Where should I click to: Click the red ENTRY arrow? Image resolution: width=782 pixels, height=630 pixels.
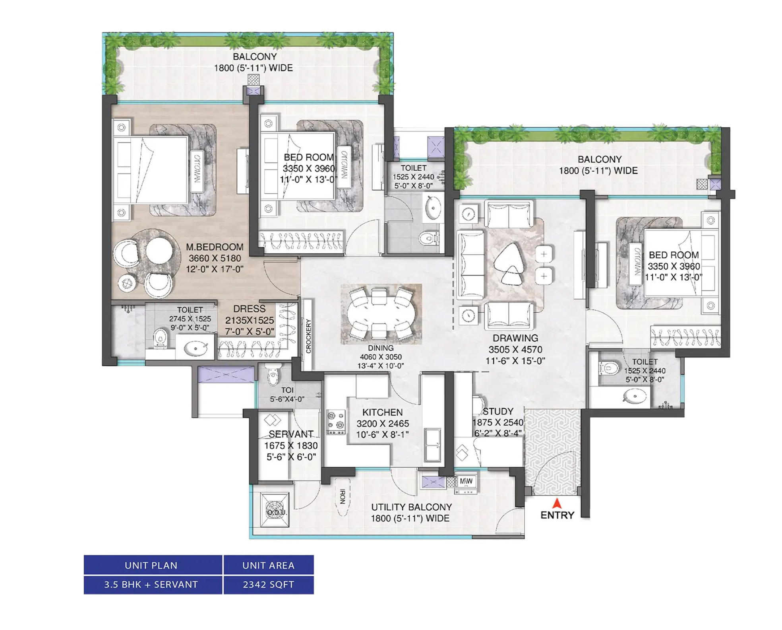pyautogui.click(x=557, y=504)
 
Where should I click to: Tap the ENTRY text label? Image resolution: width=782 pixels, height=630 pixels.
pyautogui.click(x=557, y=515)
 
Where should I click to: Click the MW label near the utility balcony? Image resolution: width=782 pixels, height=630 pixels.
pyautogui.click(x=466, y=481)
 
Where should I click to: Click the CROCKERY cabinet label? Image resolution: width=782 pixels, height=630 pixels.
pyautogui.click(x=308, y=336)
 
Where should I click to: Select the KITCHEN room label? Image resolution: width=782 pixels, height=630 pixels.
pyautogui.click(x=382, y=412)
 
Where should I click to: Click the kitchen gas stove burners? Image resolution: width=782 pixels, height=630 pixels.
pyautogui.click(x=336, y=422)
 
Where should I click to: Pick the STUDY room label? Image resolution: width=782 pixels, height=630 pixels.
pyautogui.click(x=498, y=411)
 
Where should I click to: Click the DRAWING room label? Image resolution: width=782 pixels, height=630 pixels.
pyautogui.click(x=515, y=338)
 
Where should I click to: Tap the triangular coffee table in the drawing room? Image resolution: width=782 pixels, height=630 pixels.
pyautogui.click(x=509, y=263)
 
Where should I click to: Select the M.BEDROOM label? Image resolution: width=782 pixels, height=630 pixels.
pyautogui.click(x=215, y=247)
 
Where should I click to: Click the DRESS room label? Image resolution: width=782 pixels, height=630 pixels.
pyautogui.click(x=250, y=309)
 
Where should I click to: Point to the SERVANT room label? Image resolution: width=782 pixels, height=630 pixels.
pyautogui.click(x=291, y=434)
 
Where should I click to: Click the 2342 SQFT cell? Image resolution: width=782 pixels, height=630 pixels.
pyautogui.click(x=269, y=585)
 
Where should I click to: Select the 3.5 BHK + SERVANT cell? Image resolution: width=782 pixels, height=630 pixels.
pyautogui.click(x=151, y=585)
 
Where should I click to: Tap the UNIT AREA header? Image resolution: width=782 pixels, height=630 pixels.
pyautogui.click(x=269, y=565)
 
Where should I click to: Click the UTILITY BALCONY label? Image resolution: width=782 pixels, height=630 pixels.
pyautogui.click(x=412, y=507)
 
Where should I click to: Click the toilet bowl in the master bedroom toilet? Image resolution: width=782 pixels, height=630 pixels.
pyautogui.click(x=160, y=338)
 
